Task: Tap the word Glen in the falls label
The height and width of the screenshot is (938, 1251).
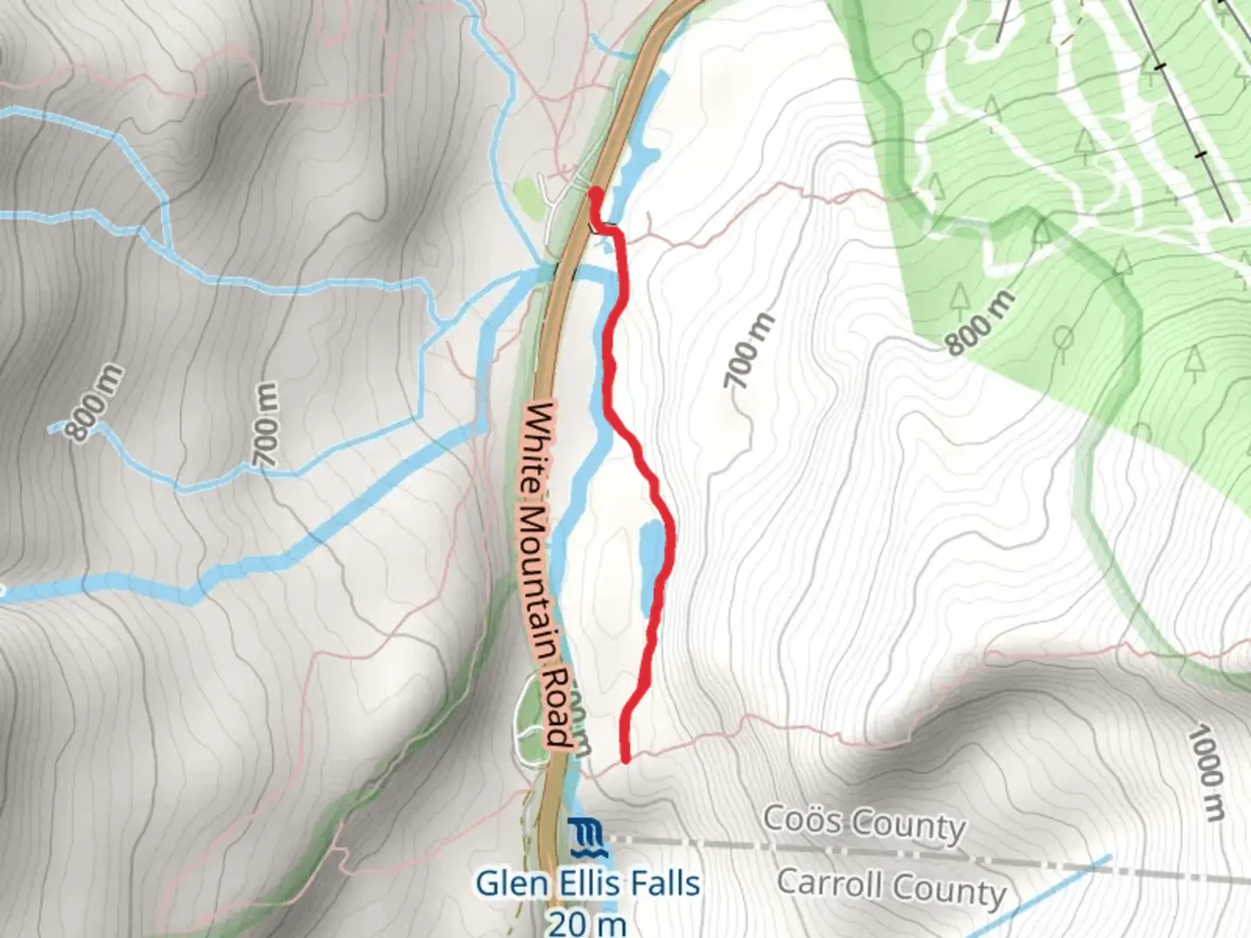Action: pos(507,884)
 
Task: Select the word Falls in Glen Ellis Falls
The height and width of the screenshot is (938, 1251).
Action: pos(659,884)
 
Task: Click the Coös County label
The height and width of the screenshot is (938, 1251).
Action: pos(864,823)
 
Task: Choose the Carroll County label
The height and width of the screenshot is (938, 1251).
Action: pos(890,887)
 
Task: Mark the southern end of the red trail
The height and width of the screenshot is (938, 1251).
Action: pos(625,760)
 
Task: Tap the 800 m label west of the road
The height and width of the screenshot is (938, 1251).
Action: pos(97,402)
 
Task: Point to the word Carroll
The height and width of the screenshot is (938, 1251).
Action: pos(830,882)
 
